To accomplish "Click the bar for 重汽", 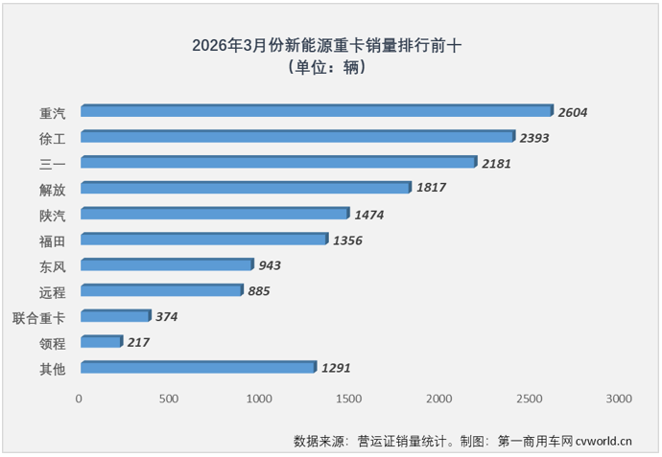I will (317, 111).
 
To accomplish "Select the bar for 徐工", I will (297, 137).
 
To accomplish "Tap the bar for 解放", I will (246, 188).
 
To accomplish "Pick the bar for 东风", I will (167, 264).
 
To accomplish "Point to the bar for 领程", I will (102, 341).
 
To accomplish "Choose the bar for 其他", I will (198, 367).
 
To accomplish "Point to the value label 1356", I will (346, 240).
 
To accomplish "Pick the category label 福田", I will (52, 240).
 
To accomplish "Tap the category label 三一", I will (52, 164).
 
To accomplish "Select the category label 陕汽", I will (52, 215).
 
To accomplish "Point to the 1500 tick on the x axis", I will (348, 398).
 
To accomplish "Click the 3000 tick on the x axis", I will (619, 398).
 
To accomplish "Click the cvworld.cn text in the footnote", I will (600, 442).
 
